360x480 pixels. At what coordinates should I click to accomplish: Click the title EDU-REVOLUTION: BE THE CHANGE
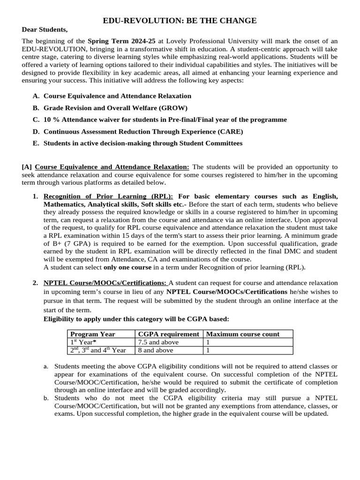click(x=180, y=21)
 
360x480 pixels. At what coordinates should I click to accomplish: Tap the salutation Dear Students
click(x=45, y=30)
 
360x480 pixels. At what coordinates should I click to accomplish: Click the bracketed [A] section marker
click(x=27, y=167)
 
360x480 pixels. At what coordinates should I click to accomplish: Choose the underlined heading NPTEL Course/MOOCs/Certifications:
click(x=105, y=283)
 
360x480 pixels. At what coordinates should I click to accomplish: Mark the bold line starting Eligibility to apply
click(x=136, y=319)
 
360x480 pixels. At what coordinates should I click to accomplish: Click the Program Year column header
click(x=93, y=334)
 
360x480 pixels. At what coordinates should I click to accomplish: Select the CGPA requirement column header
click(x=168, y=334)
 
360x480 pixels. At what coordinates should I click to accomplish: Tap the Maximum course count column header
click(x=243, y=334)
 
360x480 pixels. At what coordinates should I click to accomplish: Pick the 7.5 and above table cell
click(x=158, y=342)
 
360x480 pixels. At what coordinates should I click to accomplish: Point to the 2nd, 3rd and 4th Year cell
click(x=98, y=350)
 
